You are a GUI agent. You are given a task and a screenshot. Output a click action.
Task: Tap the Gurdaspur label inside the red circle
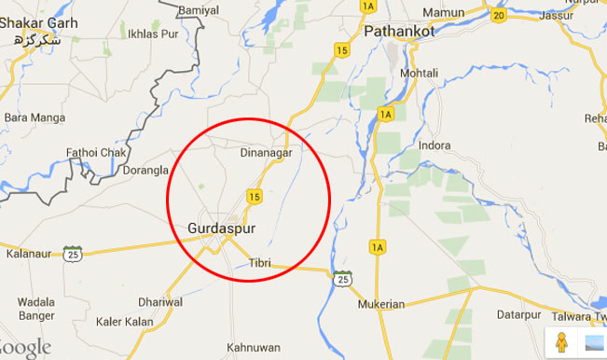point(221,227)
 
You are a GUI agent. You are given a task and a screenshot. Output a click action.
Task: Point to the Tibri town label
point(259,265)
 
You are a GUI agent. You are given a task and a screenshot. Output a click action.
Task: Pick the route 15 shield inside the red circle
point(253,195)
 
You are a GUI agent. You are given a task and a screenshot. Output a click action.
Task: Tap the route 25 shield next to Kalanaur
point(73,254)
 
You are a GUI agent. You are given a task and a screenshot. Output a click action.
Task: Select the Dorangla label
point(144,171)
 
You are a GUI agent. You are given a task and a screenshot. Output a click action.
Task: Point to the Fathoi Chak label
point(91,151)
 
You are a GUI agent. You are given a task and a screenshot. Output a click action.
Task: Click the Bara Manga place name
point(29,118)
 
